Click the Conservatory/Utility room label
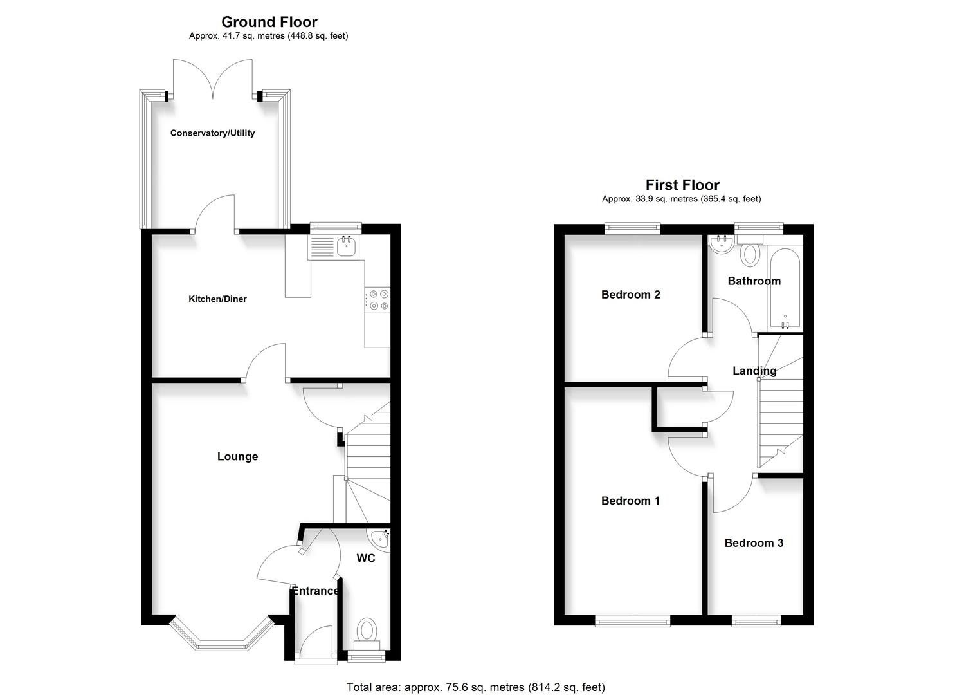(212, 133)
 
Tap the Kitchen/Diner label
(217, 299)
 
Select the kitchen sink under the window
(347, 245)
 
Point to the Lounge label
(237, 456)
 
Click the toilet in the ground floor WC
(367, 630)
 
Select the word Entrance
(315, 591)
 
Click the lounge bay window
(220, 639)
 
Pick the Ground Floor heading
(269, 23)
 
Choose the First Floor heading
(682, 185)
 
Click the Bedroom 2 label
(630, 295)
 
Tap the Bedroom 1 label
(630, 501)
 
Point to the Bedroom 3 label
(754, 543)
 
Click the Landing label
(754, 371)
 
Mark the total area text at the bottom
(475, 687)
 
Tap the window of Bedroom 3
(756, 621)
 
